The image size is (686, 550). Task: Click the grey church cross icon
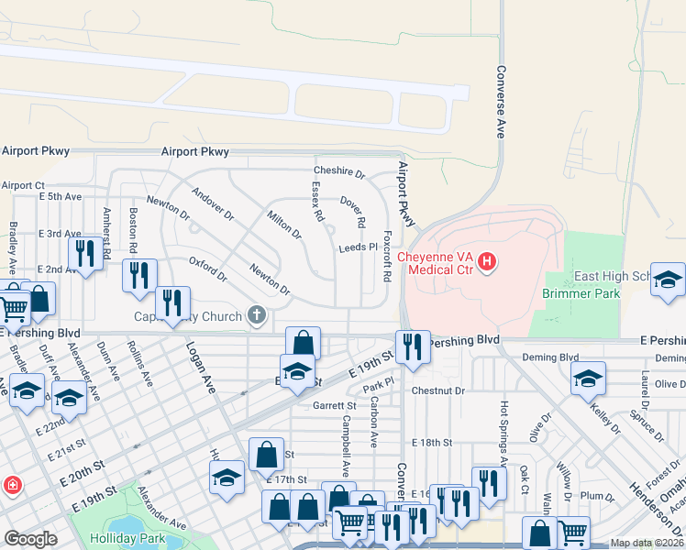257,316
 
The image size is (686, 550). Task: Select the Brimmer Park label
581,293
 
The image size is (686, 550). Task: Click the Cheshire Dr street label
339,171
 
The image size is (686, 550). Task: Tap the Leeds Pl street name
358,247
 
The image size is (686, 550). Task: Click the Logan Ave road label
200,368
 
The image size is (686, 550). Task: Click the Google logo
30,539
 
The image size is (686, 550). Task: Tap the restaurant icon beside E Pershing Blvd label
413,346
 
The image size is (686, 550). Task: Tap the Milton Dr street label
284,224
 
